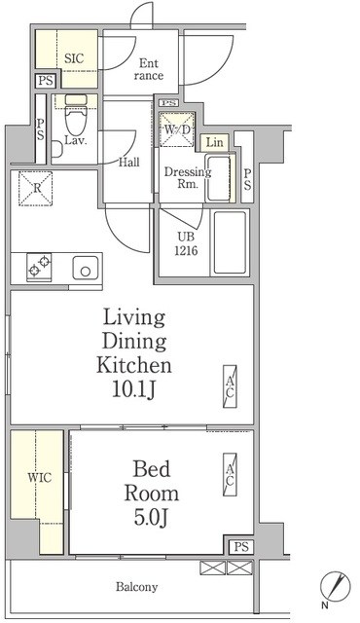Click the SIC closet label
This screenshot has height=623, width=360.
click(74, 58)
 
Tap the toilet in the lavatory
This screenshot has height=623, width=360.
click(76, 115)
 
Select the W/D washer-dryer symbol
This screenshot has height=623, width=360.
click(177, 129)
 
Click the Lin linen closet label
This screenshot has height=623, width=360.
click(215, 142)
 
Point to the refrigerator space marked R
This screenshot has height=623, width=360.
click(36, 188)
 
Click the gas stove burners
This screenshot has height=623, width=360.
click(39, 267)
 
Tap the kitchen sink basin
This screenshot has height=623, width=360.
click(86, 268)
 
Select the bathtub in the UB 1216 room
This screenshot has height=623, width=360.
click(230, 242)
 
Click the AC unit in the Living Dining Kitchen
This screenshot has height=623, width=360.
click(230, 386)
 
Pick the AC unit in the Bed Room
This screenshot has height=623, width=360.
click(230, 474)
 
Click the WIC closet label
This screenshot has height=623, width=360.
click(39, 477)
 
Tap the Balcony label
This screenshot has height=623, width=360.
click(136, 587)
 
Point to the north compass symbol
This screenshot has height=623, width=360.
click(336, 587)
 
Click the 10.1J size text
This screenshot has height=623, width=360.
click(133, 390)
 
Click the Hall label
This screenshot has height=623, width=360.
click(129, 163)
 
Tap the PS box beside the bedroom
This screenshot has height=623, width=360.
click(241, 547)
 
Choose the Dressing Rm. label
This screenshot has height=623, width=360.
click(188, 177)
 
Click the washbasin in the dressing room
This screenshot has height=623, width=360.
click(218, 178)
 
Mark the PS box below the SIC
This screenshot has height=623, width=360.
click(46, 81)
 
